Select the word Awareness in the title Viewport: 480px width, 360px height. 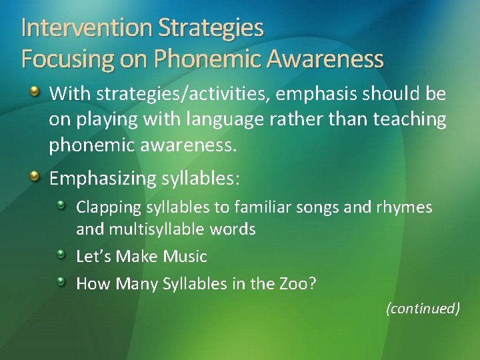(x=325, y=59)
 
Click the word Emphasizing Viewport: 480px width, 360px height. (x=103, y=179)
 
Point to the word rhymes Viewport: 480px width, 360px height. (x=406, y=207)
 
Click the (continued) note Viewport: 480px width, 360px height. (x=423, y=308)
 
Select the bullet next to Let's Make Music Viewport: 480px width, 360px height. (x=61, y=255)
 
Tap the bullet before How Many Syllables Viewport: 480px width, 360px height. (x=61, y=282)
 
